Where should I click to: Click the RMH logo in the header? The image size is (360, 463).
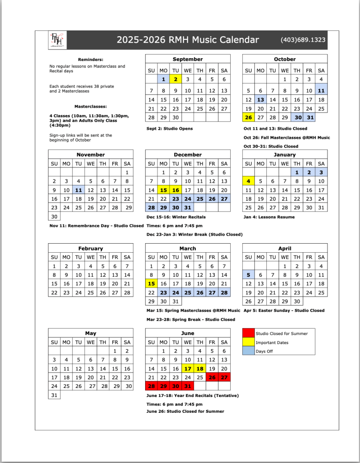pyautogui.click(x=57, y=40)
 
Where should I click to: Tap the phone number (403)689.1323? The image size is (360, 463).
pyautogui.click(x=303, y=40)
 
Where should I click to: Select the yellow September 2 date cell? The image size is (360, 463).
pyautogui.click(x=175, y=79)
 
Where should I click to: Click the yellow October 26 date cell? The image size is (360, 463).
pyautogui.click(x=248, y=117)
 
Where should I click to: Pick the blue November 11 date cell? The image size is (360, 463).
pyautogui.click(x=79, y=190)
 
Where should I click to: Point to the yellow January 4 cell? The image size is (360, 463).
pyautogui.click(x=248, y=181)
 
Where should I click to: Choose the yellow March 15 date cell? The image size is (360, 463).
pyautogui.click(x=151, y=283)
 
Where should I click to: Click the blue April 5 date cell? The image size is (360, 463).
pyautogui.click(x=248, y=274)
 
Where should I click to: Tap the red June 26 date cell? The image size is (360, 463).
pyautogui.click(x=212, y=377)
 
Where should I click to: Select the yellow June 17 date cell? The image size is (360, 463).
pyautogui.click(x=188, y=369)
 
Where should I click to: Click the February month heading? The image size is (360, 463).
pyautogui.click(x=90, y=248)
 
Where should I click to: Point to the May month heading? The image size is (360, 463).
pyautogui.click(x=90, y=333)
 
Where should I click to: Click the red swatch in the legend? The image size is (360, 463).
pyautogui.click(x=248, y=334)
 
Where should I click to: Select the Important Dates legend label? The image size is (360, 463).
pyautogui.click(x=272, y=343)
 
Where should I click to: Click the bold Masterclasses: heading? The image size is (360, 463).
pyautogui.click(x=90, y=107)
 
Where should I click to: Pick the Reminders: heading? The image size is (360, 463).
pyautogui.click(x=90, y=59)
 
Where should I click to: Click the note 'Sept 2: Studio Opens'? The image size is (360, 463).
pyautogui.click(x=170, y=128)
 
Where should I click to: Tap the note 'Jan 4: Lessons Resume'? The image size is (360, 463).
pyautogui.click(x=269, y=217)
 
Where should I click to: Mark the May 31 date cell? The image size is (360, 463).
pyautogui.click(x=54, y=395)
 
